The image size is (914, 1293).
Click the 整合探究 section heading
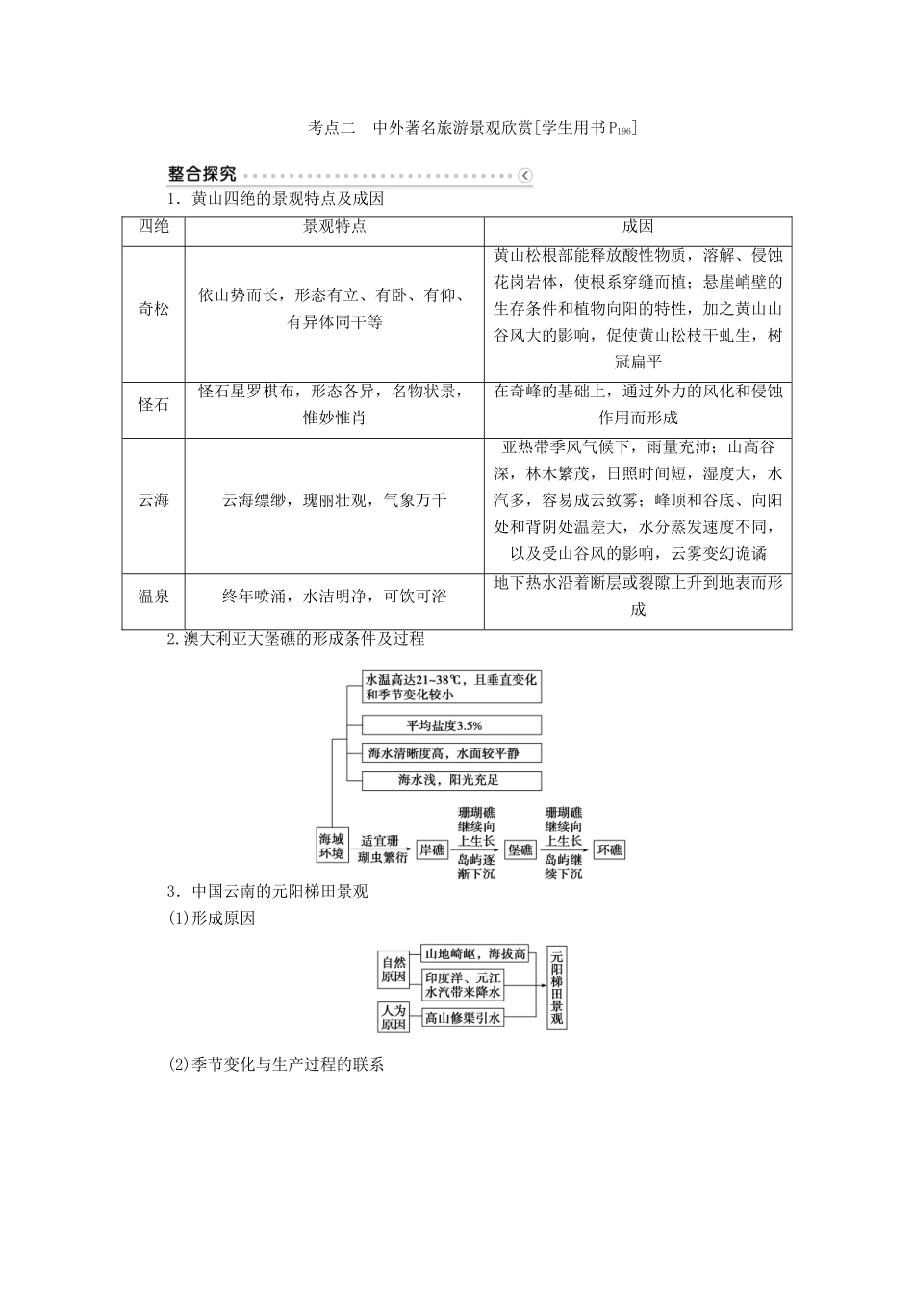point(201,174)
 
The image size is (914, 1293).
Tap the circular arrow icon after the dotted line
point(524,175)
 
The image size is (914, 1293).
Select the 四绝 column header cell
point(154,227)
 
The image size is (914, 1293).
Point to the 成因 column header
point(638,227)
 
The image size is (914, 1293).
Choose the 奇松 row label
point(154,309)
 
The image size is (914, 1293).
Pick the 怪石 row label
point(154,405)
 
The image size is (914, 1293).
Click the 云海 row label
point(154,500)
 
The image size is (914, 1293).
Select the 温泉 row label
point(154,596)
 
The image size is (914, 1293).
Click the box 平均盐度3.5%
point(451,725)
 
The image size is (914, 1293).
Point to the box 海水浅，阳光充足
point(451,780)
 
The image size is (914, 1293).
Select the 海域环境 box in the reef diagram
point(332,846)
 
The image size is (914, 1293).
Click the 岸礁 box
point(432,849)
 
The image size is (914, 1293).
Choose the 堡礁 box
point(520,849)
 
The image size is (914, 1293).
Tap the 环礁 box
point(608,849)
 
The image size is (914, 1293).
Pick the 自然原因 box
point(394,969)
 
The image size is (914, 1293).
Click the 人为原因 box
point(394,1017)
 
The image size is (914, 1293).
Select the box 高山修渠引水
point(463,1017)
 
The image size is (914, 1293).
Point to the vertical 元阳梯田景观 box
point(555,987)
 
